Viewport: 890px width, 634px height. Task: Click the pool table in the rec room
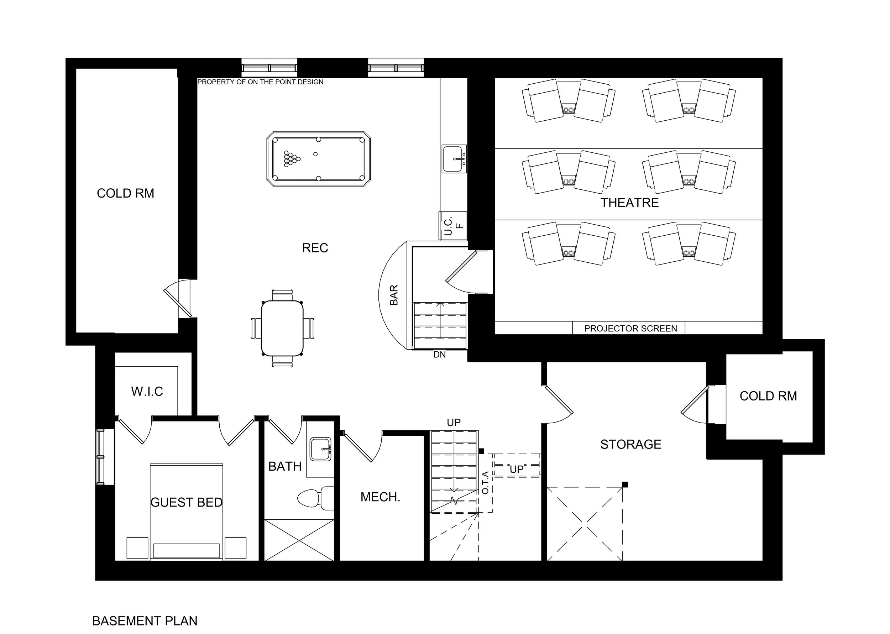pos(319,159)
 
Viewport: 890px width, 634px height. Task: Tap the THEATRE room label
pos(629,203)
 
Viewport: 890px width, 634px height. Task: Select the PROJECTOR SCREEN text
pos(630,328)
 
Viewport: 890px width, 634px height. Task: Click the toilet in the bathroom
pos(315,498)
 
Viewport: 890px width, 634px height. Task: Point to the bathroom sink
pos(320,449)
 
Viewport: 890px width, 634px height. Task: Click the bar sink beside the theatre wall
pos(454,159)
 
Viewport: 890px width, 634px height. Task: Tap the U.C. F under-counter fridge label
pos(453,226)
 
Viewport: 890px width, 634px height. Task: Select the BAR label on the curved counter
pos(394,295)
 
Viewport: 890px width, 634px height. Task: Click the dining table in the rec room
pos(282,328)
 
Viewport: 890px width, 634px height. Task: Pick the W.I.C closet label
pos(147,391)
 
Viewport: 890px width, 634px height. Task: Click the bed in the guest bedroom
pos(187,512)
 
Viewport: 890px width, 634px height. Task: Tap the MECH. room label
pos(380,497)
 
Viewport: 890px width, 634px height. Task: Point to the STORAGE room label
pos(631,444)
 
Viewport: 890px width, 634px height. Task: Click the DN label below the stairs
pos(440,355)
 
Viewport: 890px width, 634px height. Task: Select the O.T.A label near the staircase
pos(485,483)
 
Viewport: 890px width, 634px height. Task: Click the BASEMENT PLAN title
pos(145,621)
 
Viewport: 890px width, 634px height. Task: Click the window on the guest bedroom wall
pos(101,457)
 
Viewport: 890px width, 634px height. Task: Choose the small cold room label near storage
pos(768,396)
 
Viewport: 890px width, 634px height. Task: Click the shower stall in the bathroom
pos(299,540)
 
